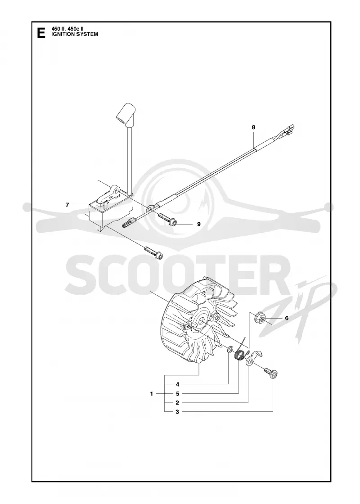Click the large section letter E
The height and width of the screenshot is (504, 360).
pos(41,33)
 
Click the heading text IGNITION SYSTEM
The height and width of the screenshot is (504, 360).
pos(75,34)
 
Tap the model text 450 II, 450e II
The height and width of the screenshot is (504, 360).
pos(67,29)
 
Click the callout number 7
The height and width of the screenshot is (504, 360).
pos(67,205)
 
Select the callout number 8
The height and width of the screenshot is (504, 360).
pos(253,127)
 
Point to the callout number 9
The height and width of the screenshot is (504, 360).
pos(198,224)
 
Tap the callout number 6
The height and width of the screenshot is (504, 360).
pos(286,318)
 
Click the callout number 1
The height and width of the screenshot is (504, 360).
pos(152,393)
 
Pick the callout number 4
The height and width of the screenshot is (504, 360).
pos(177,384)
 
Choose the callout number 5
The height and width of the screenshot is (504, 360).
pos(177,393)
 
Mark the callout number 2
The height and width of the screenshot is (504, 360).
pos(177,403)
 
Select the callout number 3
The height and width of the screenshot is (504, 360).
pos(177,412)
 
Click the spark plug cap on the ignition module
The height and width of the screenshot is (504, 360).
pos(126,114)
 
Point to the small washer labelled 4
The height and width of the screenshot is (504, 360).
pos(230,350)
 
